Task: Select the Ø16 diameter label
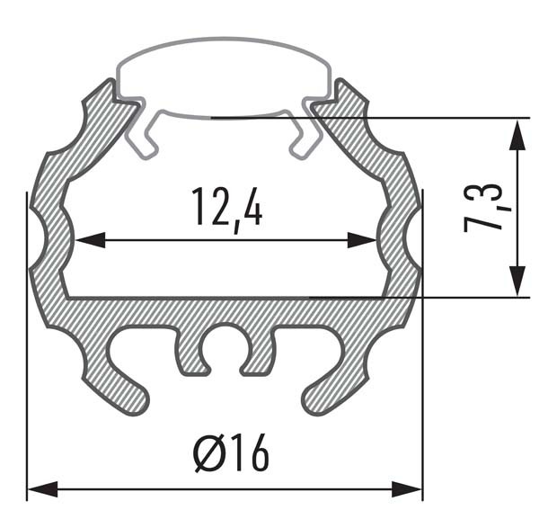tap(232, 452)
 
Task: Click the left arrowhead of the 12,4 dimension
tap(90, 240)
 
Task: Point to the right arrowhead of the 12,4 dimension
tap(362, 240)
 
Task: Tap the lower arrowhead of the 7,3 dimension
tap(517, 281)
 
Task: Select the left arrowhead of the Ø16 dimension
tap(42, 489)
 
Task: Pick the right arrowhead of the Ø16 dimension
tap(407, 489)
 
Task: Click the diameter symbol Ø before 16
tap(208, 452)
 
